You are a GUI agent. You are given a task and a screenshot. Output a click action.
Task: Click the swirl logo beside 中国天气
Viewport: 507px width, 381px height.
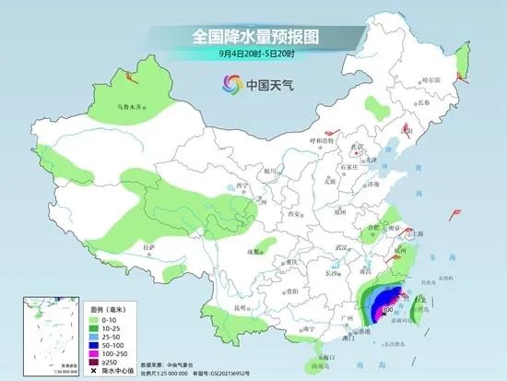(229, 86)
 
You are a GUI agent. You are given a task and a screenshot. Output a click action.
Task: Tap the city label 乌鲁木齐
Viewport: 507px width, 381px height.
(130, 107)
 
